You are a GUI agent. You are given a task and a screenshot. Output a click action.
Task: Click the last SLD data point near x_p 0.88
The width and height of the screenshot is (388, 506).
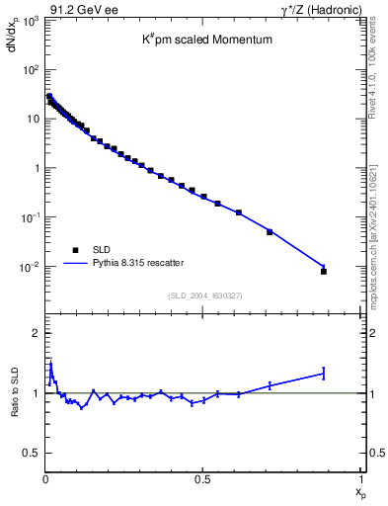[x=324, y=271]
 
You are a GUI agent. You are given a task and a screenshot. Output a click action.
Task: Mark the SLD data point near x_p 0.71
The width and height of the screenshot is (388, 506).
[x=270, y=232]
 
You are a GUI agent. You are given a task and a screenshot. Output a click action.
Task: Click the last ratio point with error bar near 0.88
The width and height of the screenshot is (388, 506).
[x=324, y=373]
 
